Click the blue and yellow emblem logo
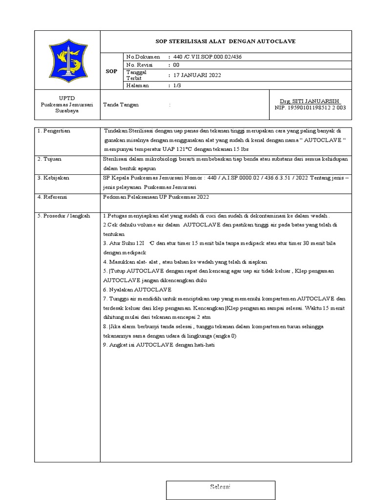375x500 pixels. point(67,60)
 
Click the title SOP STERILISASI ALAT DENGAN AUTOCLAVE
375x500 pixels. point(226,42)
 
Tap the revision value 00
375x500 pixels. point(176,65)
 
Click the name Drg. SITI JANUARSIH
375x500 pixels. point(311,101)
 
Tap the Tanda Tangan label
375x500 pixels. point(121,104)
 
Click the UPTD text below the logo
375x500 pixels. point(67,98)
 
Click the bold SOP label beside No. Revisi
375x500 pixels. point(111,71)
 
